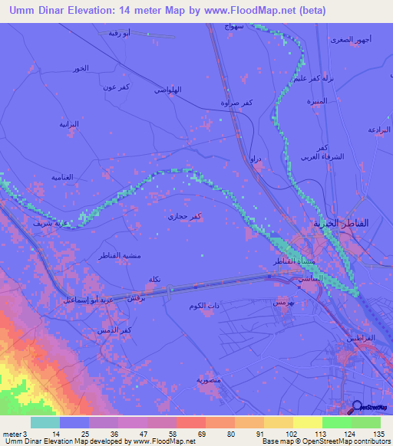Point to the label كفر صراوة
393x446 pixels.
pos(235,102)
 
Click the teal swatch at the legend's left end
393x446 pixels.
pos(45,422)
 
